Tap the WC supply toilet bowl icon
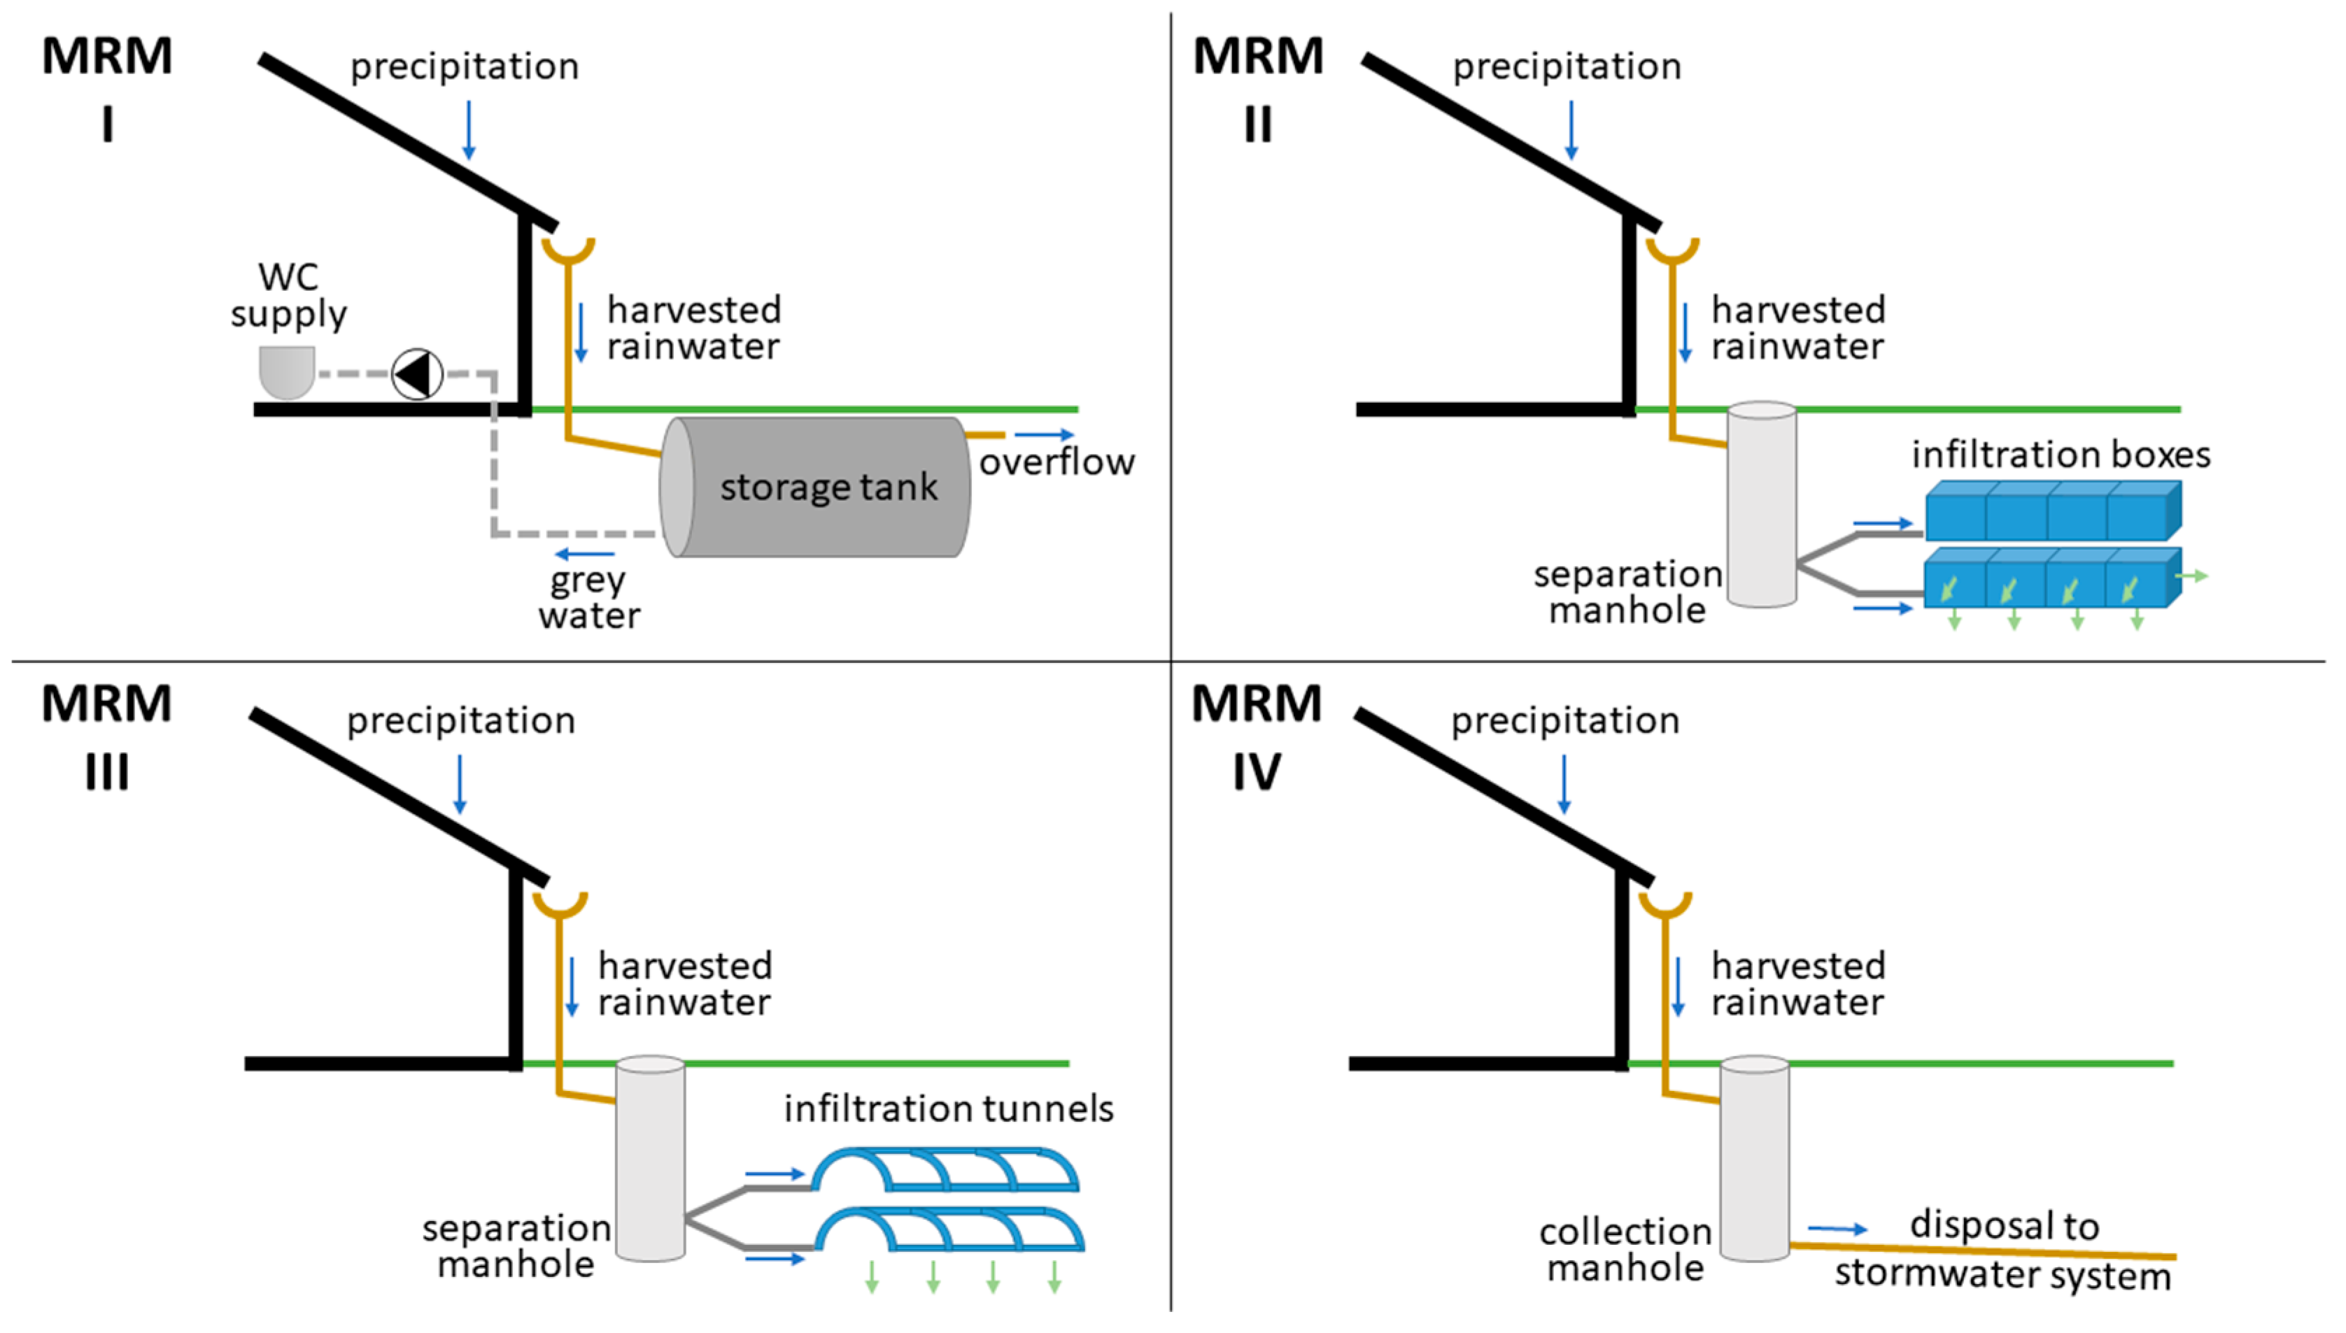(x=288, y=371)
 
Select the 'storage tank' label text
(x=828, y=487)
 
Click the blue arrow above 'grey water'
(x=584, y=553)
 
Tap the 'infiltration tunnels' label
(x=949, y=1109)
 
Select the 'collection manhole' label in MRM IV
(x=1625, y=1250)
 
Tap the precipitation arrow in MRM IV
(x=1564, y=785)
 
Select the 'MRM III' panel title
(x=107, y=737)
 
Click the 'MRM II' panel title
(x=1258, y=89)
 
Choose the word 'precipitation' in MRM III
(x=460, y=720)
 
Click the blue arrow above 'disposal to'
(x=1838, y=1229)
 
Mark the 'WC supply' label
(x=288, y=295)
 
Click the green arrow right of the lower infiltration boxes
(x=2192, y=576)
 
